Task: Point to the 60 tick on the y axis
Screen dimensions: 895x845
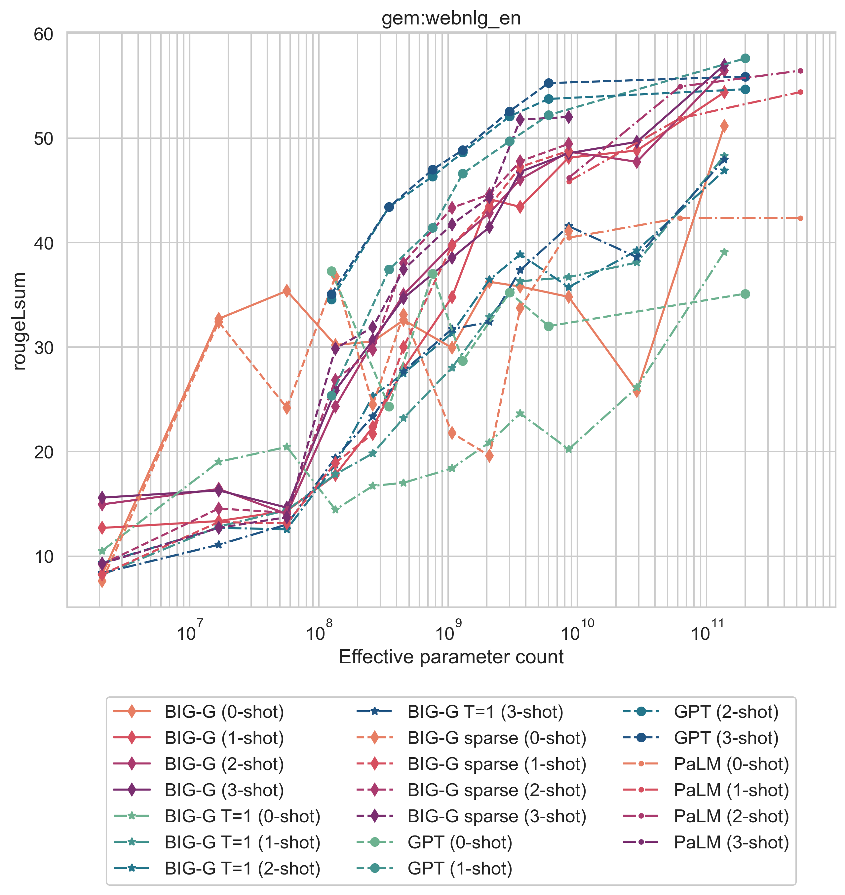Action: coord(43,34)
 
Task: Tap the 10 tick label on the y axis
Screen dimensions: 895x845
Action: coord(43,557)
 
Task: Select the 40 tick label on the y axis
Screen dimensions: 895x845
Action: coord(43,243)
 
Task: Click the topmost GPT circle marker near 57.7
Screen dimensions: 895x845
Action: coord(745,58)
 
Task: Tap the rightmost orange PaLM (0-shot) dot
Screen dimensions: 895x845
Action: coord(800,218)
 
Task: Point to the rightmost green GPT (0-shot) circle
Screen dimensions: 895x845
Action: coord(745,294)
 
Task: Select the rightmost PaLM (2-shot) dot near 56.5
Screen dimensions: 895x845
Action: coord(800,71)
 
